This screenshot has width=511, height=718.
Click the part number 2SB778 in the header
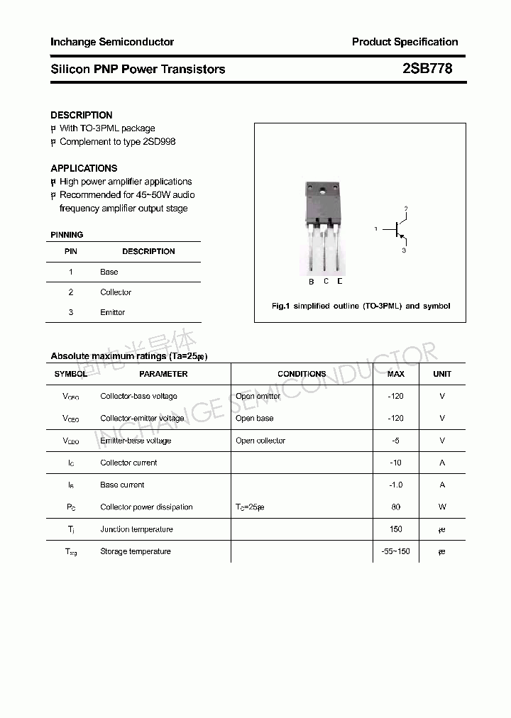427,69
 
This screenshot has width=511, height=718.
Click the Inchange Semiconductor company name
112,42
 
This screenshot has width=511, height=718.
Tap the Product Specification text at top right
405,42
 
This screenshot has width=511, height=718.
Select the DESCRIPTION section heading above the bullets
82,115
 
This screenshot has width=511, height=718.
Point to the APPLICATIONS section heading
84,168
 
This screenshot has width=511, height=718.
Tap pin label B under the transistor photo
311,282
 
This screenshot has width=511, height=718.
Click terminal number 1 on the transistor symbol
376,228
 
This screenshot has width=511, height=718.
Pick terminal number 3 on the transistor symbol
404,250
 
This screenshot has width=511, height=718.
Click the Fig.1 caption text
361,306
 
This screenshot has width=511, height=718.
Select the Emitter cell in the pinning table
112,312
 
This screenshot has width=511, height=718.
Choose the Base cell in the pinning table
109,272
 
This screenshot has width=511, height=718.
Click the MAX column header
395,374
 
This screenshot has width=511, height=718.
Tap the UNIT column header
442,374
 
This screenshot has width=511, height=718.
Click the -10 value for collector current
395,463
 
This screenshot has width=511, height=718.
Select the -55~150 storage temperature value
395,551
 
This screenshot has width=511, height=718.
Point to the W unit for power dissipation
442,507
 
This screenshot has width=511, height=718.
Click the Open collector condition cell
260,441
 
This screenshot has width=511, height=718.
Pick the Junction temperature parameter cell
136,529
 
